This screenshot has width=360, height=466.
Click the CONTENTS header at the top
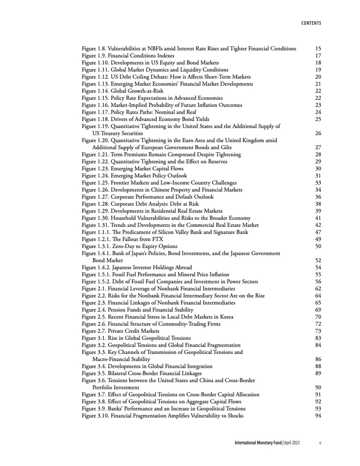click(x=311, y=23)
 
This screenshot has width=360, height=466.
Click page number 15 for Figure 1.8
click(x=318, y=49)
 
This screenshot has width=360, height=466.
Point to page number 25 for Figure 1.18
click(x=318, y=119)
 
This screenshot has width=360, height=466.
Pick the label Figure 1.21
click(x=96, y=154)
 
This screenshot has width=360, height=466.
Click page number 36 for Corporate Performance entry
click(x=318, y=197)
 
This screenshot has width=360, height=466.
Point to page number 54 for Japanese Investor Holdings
click(x=318, y=267)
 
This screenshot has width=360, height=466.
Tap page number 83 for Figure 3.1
click(x=318, y=338)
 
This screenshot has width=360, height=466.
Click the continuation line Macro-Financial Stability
click(x=121, y=359)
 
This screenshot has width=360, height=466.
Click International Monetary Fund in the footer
click(x=258, y=442)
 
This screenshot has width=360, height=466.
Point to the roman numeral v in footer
click(x=320, y=442)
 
